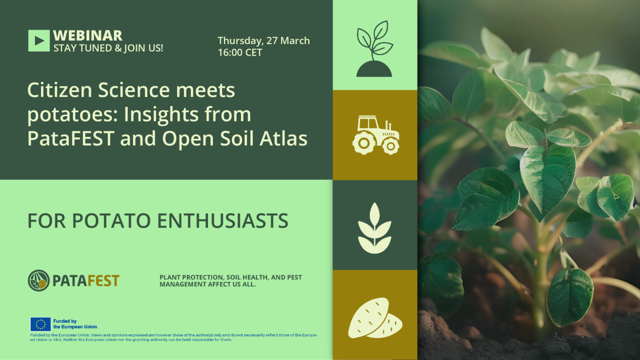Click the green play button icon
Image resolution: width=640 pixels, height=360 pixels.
[39, 41]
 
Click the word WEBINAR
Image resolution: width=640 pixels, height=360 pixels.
[87, 35]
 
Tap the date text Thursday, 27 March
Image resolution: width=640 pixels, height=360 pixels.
[263, 41]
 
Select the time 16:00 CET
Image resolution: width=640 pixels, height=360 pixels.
[240, 52]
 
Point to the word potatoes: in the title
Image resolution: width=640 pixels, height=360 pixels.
[72, 115]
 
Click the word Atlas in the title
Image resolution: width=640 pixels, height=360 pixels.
[283, 138]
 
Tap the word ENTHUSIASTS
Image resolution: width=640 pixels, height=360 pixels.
[222, 220]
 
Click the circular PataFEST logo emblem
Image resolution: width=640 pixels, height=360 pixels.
[38, 280]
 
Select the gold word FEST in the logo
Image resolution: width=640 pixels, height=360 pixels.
[103, 281]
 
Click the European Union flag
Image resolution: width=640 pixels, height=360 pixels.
[40, 324]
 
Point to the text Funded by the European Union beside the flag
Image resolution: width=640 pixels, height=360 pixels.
[75, 324]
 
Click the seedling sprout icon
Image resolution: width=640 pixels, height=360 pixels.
[374, 48]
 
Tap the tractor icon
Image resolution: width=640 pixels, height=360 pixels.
[375, 135]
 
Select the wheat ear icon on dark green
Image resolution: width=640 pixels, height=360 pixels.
[374, 228]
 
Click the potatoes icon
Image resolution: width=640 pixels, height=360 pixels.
[375, 318]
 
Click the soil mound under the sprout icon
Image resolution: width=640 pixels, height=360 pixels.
[374, 69]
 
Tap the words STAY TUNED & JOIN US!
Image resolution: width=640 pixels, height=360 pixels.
[108, 48]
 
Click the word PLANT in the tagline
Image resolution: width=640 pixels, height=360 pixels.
[169, 277]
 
